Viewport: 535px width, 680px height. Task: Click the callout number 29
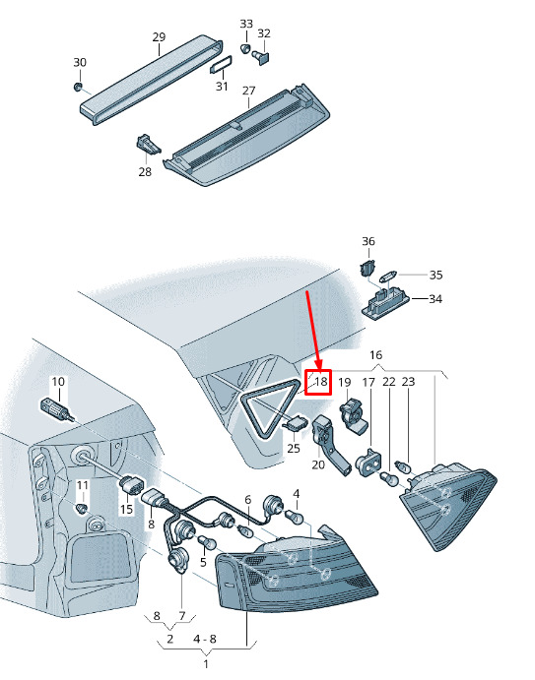[x=159, y=36]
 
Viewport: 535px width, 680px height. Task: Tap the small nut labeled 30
[x=78, y=87]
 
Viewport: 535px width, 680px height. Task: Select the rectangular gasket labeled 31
[x=221, y=65]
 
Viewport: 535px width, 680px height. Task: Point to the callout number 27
[x=249, y=91]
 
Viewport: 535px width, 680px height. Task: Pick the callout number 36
[x=368, y=241]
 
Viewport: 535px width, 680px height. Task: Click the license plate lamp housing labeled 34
[x=385, y=304]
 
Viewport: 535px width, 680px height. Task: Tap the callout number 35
[x=436, y=275]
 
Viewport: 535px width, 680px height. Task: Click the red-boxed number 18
[x=320, y=382]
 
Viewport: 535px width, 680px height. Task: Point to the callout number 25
[x=294, y=448]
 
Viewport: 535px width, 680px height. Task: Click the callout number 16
[x=375, y=354]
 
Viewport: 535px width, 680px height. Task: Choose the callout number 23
[x=408, y=382]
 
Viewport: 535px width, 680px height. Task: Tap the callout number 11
[x=82, y=485]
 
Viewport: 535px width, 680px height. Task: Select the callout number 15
[x=126, y=508]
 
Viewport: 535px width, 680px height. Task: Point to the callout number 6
[x=247, y=500]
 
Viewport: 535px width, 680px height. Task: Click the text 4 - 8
[x=204, y=639]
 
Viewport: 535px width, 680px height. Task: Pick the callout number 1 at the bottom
[x=206, y=664]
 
